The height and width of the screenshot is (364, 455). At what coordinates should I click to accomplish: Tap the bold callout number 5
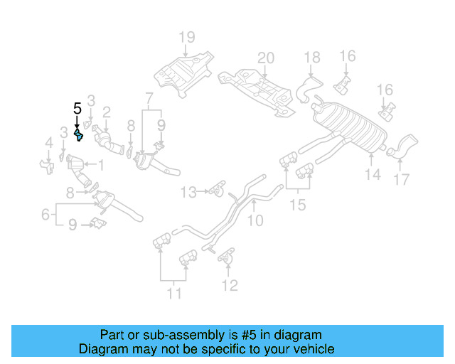[x=77, y=109]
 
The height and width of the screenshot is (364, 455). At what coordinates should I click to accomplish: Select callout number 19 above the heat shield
[x=186, y=37]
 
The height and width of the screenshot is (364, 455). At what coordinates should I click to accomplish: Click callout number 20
[x=264, y=58]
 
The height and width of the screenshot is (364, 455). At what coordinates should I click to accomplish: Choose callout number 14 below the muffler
[x=373, y=174]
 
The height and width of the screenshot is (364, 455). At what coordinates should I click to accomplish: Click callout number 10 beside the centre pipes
[x=255, y=221]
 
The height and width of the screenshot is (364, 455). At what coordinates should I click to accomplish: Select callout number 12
[x=229, y=286]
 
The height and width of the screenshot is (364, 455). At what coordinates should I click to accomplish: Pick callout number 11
[x=173, y=292]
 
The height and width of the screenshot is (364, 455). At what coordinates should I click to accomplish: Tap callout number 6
[x=45, y=213]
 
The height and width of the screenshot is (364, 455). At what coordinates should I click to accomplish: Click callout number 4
[x=48, y=144]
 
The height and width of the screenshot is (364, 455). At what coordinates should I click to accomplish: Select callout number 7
[x=149, y=97]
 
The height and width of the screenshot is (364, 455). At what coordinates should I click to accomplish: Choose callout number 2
[x=106, y=112]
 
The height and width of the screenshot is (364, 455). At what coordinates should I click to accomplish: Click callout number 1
[x=100, y=166]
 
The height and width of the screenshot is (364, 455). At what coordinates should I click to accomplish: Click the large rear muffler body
[x=352, y=128]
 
